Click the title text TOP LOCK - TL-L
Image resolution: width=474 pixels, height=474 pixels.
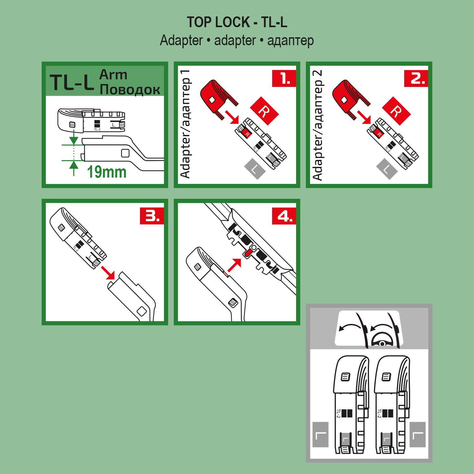[237, 22]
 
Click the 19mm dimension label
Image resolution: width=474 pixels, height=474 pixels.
[106, 172]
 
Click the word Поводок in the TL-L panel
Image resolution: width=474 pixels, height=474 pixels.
[130, 89]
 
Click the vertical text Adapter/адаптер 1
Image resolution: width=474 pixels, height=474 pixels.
[186, 124]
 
